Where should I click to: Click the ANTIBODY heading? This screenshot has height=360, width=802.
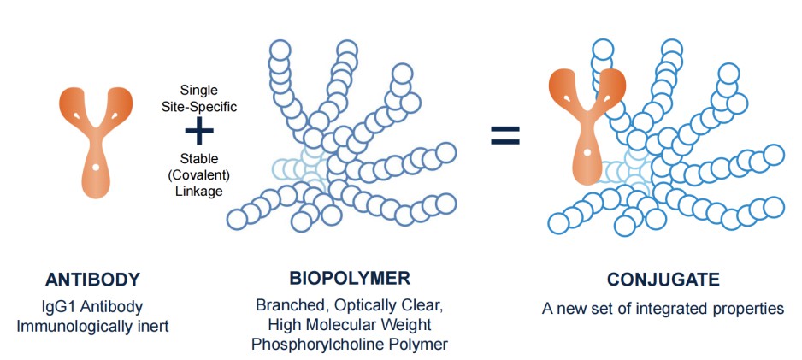tap(94, 280)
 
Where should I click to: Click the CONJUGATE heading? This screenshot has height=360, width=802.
tap(663, 280)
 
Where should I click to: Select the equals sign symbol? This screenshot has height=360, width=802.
tap(504, 134)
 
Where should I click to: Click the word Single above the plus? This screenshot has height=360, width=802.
tap(199, 89)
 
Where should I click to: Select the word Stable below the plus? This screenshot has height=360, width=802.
tap(199, 158)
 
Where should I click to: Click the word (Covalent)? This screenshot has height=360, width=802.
tap(199, 174)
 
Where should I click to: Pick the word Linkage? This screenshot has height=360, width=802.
tap(199, 191)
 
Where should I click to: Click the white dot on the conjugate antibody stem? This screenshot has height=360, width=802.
tap(588, 152)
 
